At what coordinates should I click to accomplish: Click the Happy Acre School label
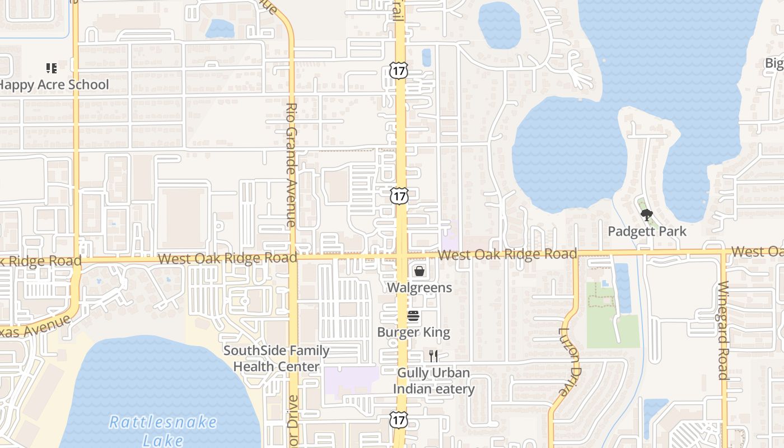pyautogui.click(x=54, y=85)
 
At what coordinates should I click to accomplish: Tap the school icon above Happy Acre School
pyautogui.click(x=52, y=68)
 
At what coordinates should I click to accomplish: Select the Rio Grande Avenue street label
pyautogui.click(x=291, y=165)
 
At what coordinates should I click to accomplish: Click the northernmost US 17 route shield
pyautogui.click(x=398, y=71)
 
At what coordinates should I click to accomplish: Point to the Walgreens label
pyautogui.click(x=419, y=288)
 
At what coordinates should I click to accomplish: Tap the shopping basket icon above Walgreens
pyautogui.click(x=419, y=272)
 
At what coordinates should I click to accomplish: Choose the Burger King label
pyautogui.click(x=413, y=332)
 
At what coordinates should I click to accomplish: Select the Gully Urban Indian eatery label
pyautogui.click(x=433, y=381)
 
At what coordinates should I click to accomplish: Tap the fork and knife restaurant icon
pyautogui.click(x=433, y=356)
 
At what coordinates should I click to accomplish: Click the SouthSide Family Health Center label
pyautogui.click(x=277, y=358)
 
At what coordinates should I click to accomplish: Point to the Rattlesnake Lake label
pyautogui.click(x=163, y=430)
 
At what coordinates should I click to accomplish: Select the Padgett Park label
pyautogui.click(x=647, y=231)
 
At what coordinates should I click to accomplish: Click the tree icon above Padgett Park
pyautogui.click(x=646, y=214)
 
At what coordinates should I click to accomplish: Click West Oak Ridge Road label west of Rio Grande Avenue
pyautogui.click(x=227, y=258)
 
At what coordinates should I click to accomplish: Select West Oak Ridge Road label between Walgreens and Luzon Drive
pyautogui.click(x=507, y=254)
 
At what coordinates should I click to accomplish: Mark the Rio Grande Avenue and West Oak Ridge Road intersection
pyautogui.click(x=292, y=258)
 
